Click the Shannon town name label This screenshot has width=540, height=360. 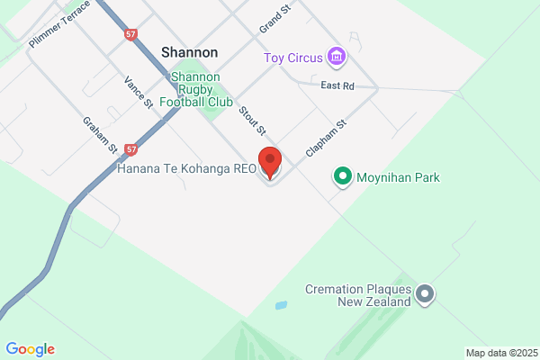coord(189,52)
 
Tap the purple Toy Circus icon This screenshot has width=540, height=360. coord(337,58)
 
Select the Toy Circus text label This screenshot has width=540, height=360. coord(292,58)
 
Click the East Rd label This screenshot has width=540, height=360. coord(338,85)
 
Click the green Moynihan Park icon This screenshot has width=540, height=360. coord(342,176)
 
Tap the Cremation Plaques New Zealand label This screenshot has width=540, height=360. coord(357,295)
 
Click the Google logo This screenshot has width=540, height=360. coord(30,349)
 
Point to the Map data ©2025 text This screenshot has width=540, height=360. coord(500,352)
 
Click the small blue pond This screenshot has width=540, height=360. coord(282,306)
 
